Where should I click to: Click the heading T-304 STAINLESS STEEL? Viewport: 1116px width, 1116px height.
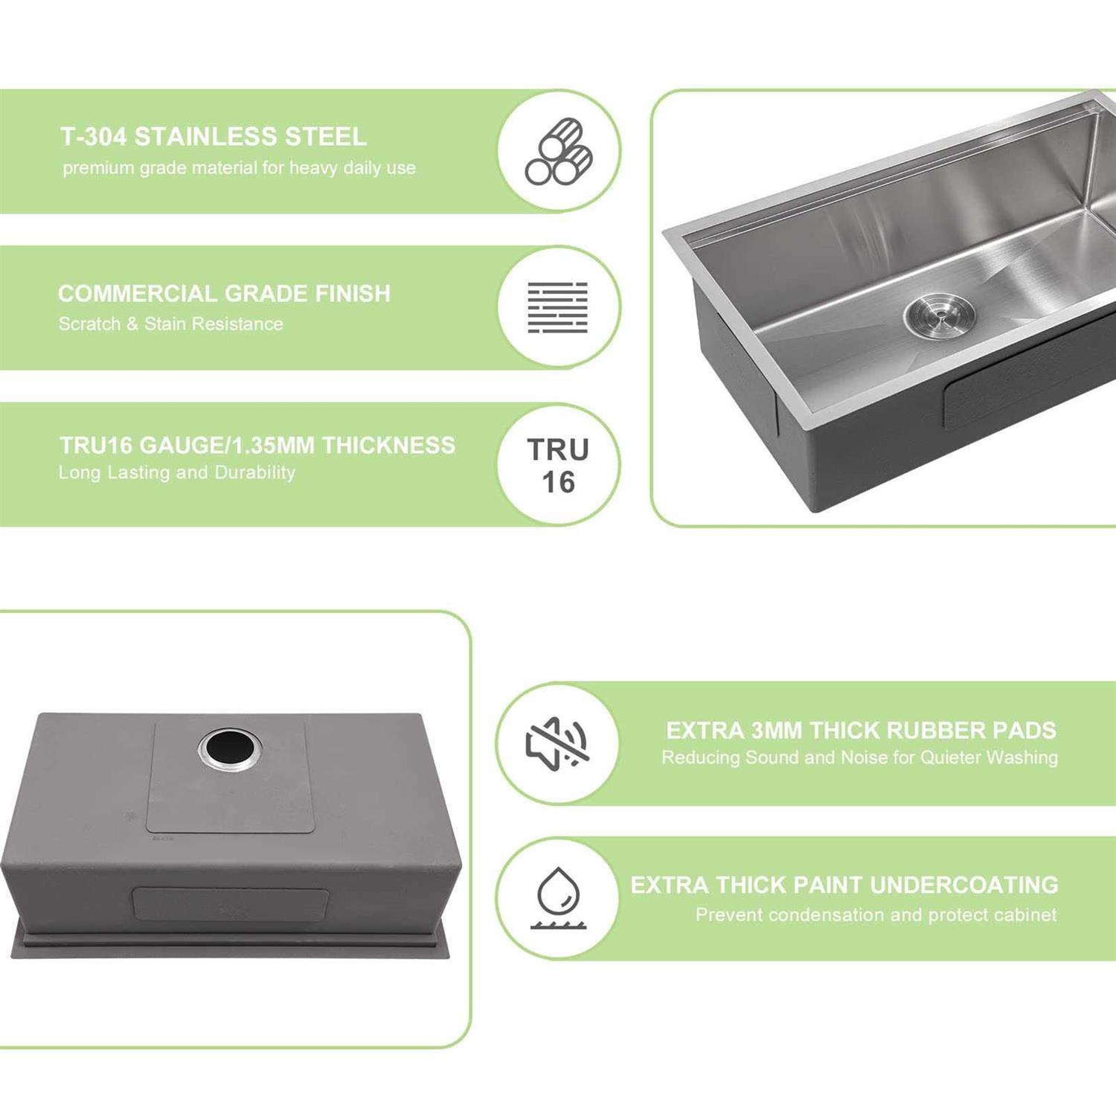click(x=213, y=137)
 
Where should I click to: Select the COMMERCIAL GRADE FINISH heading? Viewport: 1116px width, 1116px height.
click(x=224, y=293)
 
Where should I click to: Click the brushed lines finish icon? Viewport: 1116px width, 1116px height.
click(x=558, y=307)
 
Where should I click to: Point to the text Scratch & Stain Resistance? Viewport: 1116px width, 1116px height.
click(x=170, y=324)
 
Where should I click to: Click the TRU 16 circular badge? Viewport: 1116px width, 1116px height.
click(x=558, y=465)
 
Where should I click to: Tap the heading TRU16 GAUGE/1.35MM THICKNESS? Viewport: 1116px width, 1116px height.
click(x=257, y=445)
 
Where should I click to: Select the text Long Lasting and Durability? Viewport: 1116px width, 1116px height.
click(x=177, y=472)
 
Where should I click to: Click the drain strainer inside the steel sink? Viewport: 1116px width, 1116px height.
click(x=939, y=316)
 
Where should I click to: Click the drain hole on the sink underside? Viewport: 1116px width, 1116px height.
click(x=230, y=748)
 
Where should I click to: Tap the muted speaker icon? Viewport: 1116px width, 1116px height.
click(x=557, y=743)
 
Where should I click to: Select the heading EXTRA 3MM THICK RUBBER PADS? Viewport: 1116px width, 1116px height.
click(x=861, y=731)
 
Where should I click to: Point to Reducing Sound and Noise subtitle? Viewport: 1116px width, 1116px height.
click(x=859, y=757)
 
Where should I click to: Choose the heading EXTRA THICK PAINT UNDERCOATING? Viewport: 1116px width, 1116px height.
click(x=844, y=885)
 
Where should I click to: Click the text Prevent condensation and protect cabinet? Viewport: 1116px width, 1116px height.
click(x=876, y=914)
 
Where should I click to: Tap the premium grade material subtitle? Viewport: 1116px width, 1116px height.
click(x=239, y=168)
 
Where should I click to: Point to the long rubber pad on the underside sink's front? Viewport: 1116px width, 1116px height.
click(x=231, y=905)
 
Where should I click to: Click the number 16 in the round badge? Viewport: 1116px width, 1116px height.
click(x=558, y=483)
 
